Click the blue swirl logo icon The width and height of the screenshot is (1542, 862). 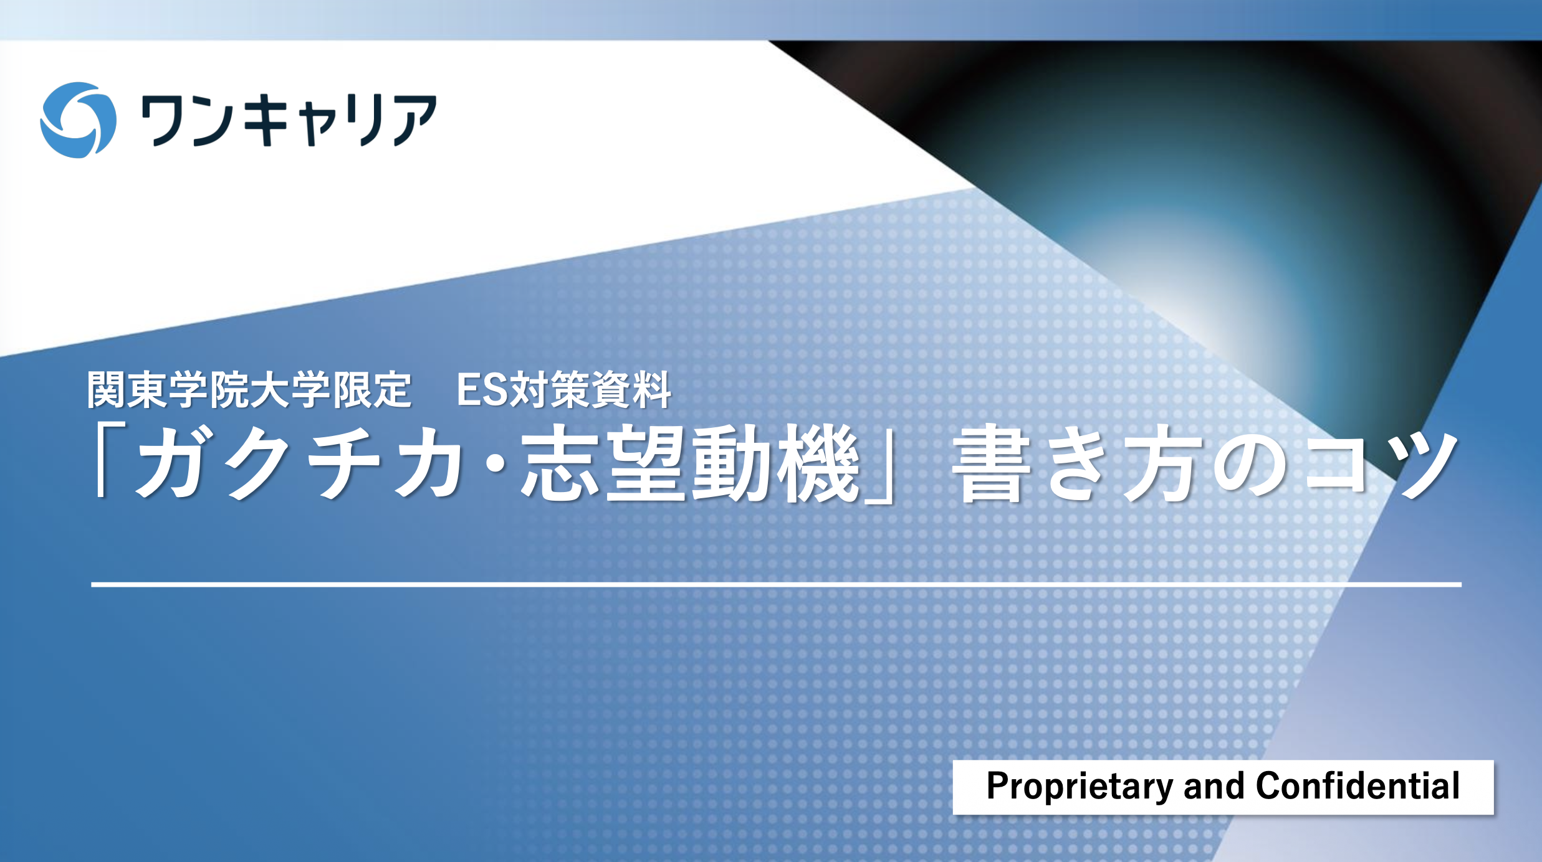point(78,120)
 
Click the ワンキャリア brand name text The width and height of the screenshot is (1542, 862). point(289,120)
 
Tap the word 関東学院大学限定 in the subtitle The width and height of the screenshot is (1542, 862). point(249,390)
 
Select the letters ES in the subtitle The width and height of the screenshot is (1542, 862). point(482,390)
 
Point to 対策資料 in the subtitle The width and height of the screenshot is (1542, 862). point(590,390)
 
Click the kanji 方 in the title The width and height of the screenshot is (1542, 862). point(1163,463)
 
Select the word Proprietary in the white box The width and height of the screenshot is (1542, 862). point(1080,787)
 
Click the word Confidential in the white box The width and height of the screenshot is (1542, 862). point(1358,785)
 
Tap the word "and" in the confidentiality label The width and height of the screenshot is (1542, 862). point(1214,786)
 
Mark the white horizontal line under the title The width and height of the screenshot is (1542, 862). point(776,584)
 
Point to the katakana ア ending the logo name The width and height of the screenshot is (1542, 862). point(415,120)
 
